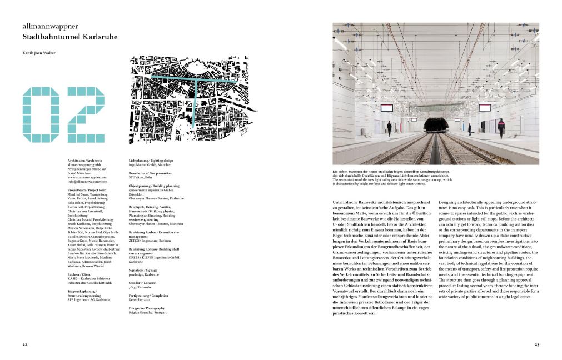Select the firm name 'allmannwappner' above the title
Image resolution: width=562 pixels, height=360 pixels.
coord(50,26)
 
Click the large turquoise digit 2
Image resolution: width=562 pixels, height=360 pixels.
coord(84,113)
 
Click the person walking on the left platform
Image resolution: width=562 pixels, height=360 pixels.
coord(389,128)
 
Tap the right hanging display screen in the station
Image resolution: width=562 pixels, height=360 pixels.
coord(485,107)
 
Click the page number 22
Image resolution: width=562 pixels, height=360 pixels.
coord(25,344)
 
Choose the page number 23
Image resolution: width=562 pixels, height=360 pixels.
coord(536,344)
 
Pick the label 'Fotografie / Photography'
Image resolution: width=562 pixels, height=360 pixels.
coord(147,308)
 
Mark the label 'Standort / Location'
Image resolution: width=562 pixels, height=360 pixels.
coord(143,282)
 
